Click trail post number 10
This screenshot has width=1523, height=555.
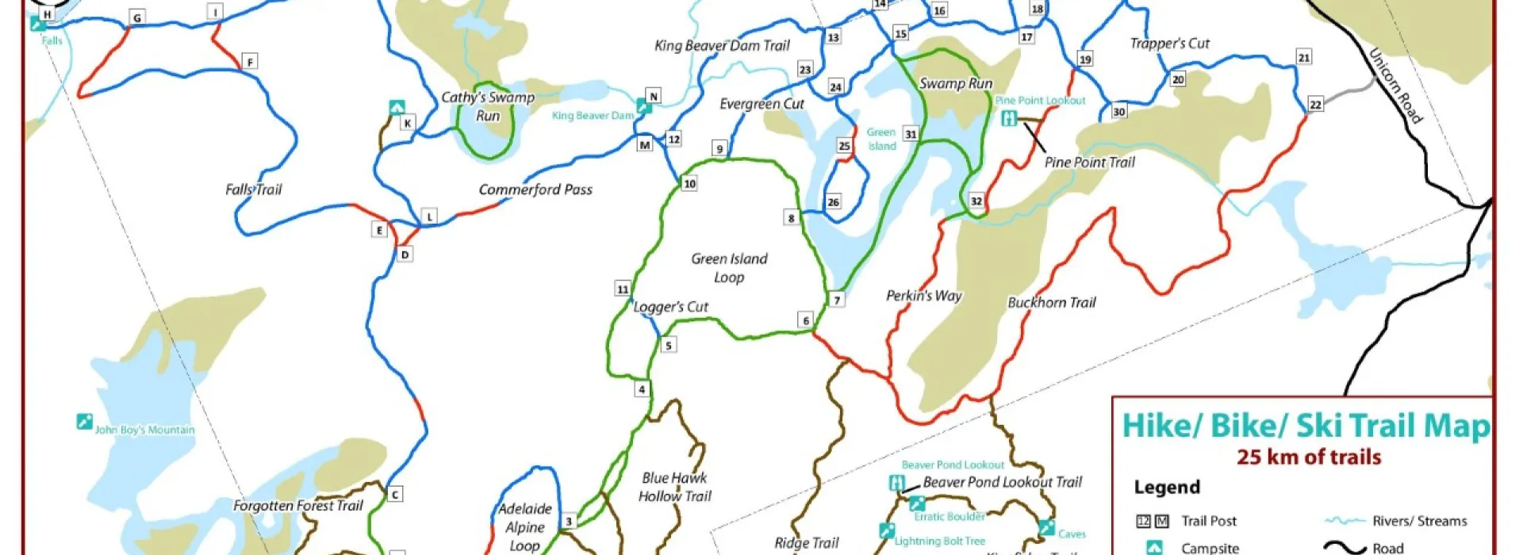[689, 184]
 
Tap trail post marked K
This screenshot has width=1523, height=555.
[407, 123]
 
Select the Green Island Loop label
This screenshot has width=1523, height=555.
[729, 268]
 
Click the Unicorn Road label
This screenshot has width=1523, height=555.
[1396, 86]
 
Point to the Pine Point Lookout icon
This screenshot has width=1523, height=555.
[1009, 119]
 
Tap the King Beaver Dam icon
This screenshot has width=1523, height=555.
[644, 106]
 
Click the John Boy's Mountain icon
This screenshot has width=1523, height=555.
[84, 421]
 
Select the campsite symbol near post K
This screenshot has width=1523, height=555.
[397, 107]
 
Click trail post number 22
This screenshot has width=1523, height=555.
[1315, 105]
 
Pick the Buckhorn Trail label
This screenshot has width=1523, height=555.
[1051, 302]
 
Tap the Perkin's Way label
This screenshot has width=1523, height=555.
[924, 296]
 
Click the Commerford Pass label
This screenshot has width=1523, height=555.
[535, 189]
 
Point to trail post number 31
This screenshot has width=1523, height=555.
[911, 134]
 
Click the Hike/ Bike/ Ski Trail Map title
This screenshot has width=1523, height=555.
[1306, 426]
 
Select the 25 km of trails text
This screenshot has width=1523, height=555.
[1309, 457]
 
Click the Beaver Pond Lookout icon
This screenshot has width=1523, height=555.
[897, 482]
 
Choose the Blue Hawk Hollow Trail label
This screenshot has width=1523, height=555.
[674, 487]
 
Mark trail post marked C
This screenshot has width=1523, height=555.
[394, 495]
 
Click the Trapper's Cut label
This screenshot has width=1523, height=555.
[1169, 44]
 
